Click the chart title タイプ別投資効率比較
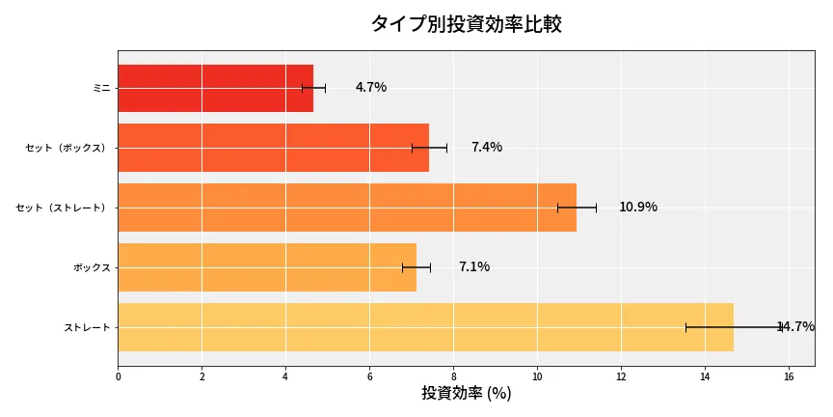pyautogui.click(x=466, y=24)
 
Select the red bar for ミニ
pyautogui.click(x=215, y=88)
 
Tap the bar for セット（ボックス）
pyautogui.click(x=273, y=148)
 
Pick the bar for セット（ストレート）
pyautogui.click(x=347, y=208)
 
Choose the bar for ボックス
pyautogui.click(x=267, y=267)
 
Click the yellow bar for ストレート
pyautogui.click(x=425, y=327)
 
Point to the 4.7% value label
pyautogui.click(x=370, y=88)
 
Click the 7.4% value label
pyautogui.click(x=486, y=148)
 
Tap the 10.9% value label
pyautogui.click(x=637, y=208)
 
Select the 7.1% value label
pyautogui.click(x=473, y=267)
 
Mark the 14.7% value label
pyautogui.click(x=795, y=327)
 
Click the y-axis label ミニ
pyautogui.click(x=101, y=88)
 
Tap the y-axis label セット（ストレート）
pyautogui.click(x=64, y=208)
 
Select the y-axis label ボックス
pyautogui.click(x=92, y=267)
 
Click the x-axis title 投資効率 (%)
pyautogui.click(x=466, y=394)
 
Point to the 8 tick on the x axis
pyautogui.click(x=453, y=376)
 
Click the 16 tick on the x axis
pyautogui.click(x=789, y=376)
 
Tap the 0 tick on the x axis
pyautogui.click(x=118, y=376)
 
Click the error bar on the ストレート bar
pyautogui.click(x=734, y=327)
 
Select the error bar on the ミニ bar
pyautogui.click(x=313, y=88)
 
